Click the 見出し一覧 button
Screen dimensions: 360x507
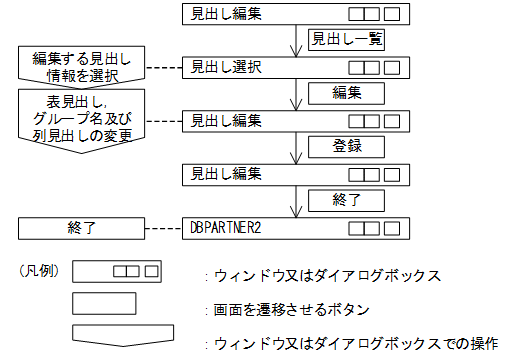(345, 40)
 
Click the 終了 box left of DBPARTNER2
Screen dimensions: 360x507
(82, 227)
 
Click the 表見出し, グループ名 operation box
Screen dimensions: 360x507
(82, 118)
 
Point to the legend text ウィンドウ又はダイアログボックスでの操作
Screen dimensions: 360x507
(354, 343)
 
